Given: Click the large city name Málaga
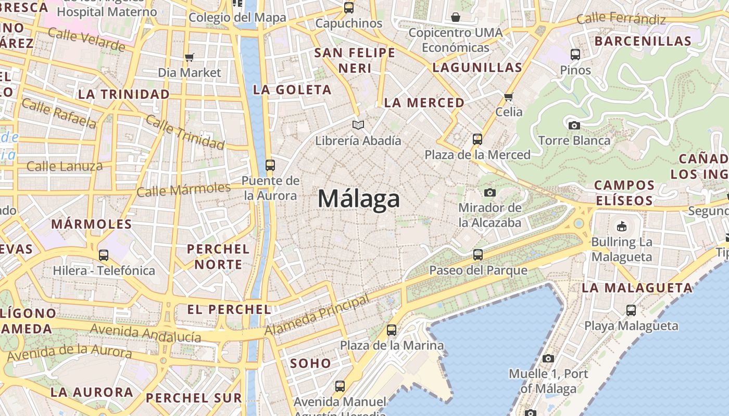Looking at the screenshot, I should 359,199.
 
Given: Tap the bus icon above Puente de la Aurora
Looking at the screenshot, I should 270,165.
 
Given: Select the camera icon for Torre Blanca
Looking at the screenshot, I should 574,125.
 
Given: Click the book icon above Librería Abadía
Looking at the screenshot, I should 358,125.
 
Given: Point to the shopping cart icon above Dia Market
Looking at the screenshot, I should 189,57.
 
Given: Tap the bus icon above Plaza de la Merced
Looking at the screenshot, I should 477,139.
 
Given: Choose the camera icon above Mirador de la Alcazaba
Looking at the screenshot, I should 489,192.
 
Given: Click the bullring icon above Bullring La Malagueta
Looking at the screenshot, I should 621,226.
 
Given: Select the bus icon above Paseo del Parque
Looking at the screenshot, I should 478,255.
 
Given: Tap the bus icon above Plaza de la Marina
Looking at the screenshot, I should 392,330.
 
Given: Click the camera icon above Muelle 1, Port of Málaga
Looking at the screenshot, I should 548,358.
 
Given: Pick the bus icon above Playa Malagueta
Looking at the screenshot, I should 631,310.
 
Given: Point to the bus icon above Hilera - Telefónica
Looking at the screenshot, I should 104,255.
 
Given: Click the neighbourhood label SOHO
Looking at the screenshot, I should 310,363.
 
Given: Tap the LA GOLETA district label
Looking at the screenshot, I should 292,90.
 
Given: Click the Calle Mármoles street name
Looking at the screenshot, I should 183,189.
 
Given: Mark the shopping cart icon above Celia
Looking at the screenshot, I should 509,97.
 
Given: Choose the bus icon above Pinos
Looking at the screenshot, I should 575,54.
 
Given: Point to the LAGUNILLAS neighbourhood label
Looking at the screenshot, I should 477,68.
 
